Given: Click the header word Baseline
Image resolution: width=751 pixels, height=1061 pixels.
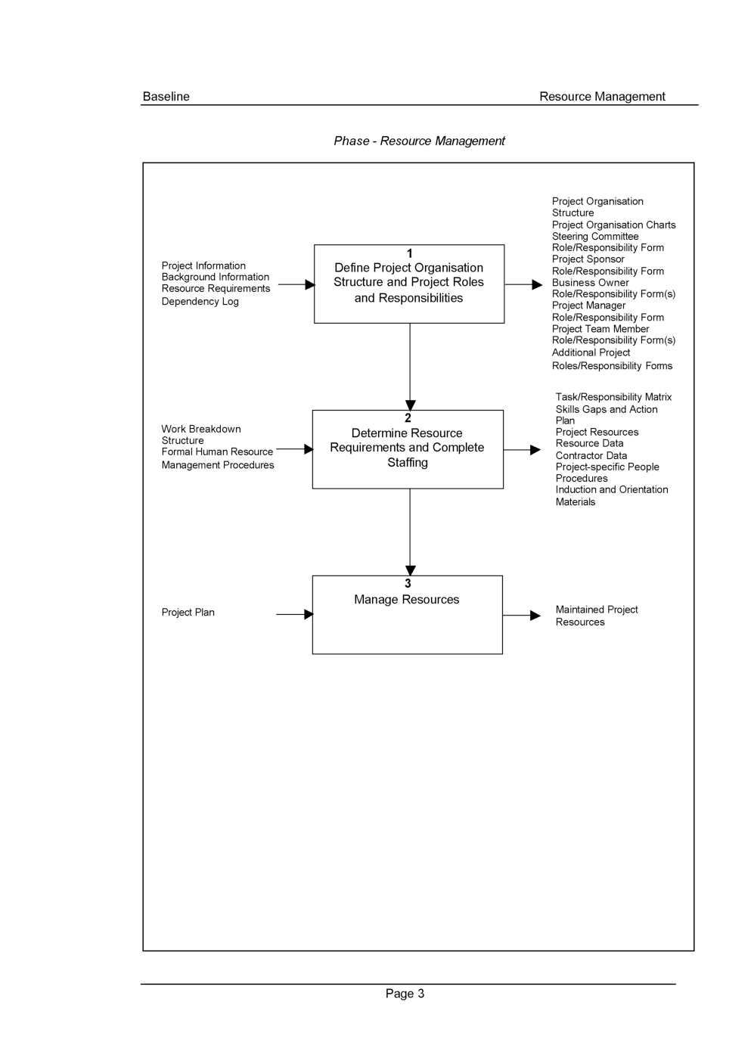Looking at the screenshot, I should click(x=166, y=96).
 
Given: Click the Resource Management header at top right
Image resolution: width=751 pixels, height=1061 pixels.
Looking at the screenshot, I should click(x=601, y=96).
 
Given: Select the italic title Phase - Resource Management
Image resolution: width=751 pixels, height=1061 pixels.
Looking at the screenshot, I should click(x=419, y=141).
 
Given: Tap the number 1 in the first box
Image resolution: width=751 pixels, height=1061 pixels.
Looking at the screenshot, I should click(x=409, y=254).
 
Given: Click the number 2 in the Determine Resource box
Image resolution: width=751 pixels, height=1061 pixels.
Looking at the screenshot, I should click(x=408, y=418).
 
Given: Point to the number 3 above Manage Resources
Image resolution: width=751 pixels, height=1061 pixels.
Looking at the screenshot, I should click(x=408, y=584).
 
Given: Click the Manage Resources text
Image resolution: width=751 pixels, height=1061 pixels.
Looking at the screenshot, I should click(x=406, y=600).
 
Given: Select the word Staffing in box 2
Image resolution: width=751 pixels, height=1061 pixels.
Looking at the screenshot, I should click(x=407, y=463).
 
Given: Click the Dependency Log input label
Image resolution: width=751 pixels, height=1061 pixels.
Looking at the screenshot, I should click(x=200, y=301).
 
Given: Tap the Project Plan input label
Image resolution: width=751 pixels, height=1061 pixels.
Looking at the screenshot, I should click(x=188, y=613).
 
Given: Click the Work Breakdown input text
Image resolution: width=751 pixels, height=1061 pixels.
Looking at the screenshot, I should click(x=200, y=429).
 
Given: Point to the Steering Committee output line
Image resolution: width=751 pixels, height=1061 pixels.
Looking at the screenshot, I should click(x=594, y=236).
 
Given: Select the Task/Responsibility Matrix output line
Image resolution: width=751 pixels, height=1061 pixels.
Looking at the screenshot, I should click(x=613, y=397).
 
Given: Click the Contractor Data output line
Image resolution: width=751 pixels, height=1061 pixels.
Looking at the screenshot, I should click(x=591, y=455).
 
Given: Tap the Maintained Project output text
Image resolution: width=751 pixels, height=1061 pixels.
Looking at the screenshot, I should click(x=596, y=610).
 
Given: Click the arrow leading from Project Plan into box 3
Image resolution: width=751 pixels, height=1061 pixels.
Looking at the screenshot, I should click(x=294, y=614).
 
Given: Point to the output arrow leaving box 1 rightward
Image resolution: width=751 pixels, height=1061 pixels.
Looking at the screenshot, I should click(x=523, y=284).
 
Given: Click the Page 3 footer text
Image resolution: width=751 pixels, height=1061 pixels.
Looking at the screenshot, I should click(x=405, y=994).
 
